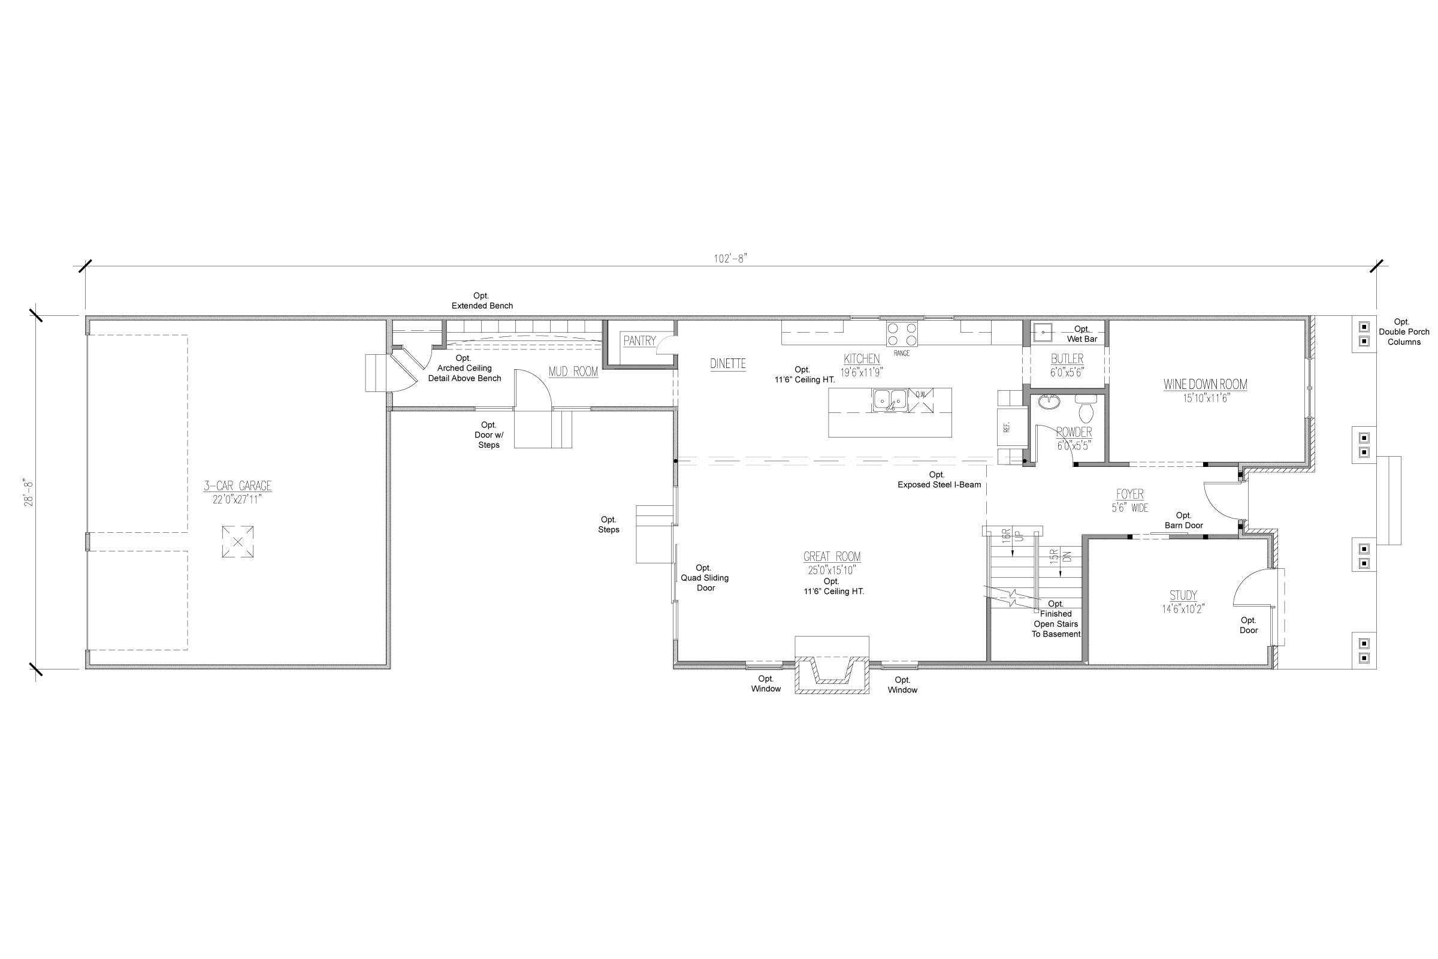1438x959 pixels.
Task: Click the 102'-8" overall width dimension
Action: pyautogui.click(x=730, y=259)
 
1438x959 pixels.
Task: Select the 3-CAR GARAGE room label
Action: pyautogui.click(x=237, y=486)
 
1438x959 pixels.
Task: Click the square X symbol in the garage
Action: pyautogui.click(x=238, y=542)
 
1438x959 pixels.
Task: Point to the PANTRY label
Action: pyautogui.click(x=639, y=341)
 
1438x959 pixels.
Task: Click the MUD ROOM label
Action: pyautogui.click(x=573, y=371)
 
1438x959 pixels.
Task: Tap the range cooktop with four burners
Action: pyautogui.click(x=902, y=334)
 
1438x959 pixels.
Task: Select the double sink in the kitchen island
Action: pyautogui.click(x=890, y=400)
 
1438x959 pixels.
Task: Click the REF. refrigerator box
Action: pyautogui.click(x=1007, y=427)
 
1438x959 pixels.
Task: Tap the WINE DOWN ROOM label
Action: pyautogui.click(x=1205, y=385)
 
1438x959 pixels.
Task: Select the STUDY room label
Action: pyautogui.click(x=1183, y=595)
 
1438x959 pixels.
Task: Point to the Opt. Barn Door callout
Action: pyautogui.click(x=1184, y=520)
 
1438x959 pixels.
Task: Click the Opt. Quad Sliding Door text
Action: pyautogui.click(x=705, y=578)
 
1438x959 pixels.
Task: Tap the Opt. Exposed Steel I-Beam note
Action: pyautogui.click(x=938, y=479)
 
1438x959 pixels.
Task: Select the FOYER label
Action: pyautogui.click(x=1129, y=494)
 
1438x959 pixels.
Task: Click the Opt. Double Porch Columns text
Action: pyautogui.click(x=1403, y=331)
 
